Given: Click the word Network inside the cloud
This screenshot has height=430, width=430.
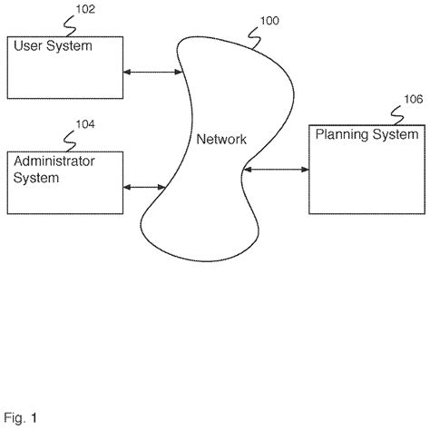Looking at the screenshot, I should coord(221,139).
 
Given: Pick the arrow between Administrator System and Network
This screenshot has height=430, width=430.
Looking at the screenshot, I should coord(142,188).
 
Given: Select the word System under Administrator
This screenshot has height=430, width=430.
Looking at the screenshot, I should coord(35,178).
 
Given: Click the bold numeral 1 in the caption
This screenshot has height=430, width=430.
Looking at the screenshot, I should coord(35,418).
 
